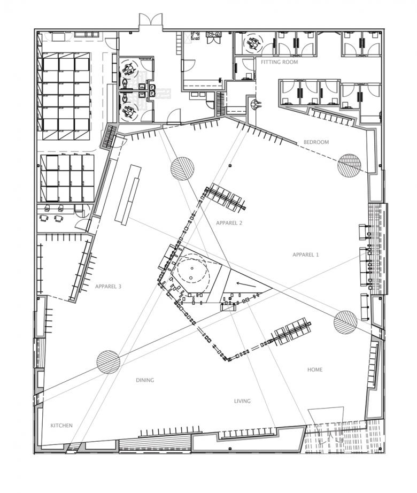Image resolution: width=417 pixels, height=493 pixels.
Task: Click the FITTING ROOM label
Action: [x=279, y=62]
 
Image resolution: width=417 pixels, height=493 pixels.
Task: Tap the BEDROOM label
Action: [x=316, y=142]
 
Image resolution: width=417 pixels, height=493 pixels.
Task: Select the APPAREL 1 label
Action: [x=305, y=255]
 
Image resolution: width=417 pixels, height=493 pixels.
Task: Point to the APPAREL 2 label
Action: [x=229, y=223]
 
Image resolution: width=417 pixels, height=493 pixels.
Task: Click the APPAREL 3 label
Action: [x=108, y=287]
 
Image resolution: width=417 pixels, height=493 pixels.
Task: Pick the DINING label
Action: [x=145, y=380]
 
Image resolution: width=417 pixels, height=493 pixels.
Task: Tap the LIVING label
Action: [x=242, y=401]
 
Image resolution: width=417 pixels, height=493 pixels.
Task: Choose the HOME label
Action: [x=315, y=370]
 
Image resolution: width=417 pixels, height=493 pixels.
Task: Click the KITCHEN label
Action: [x=61, y=426]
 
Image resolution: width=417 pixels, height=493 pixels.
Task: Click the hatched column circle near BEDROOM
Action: [x=350, y=165]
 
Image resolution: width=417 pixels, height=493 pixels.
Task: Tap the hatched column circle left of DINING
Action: [x=108, y=362]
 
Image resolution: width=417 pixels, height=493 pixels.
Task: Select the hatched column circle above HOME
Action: [x=345, y=322]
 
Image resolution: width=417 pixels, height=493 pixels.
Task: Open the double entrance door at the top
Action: [x=150, y=22]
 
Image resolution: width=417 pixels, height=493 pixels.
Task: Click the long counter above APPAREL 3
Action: [x=128, y=194]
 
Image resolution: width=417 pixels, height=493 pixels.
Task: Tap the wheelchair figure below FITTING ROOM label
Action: [x=256, y=104]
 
